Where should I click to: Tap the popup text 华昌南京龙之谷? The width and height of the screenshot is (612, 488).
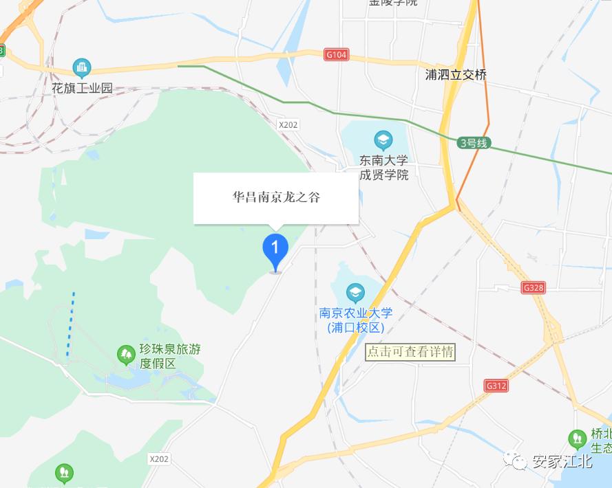276,197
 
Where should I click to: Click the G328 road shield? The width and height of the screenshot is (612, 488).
534,288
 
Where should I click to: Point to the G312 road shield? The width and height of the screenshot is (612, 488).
496,386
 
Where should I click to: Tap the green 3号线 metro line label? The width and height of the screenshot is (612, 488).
473,143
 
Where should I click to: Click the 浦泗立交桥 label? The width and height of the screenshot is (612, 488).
456,75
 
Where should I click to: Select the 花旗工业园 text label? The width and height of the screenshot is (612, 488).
82,89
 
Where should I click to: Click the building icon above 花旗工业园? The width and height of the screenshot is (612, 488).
82,67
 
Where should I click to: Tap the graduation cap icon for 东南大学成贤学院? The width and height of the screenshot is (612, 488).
383,142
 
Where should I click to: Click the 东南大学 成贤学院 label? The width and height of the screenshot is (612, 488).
384,168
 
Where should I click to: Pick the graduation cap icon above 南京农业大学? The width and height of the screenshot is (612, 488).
355,293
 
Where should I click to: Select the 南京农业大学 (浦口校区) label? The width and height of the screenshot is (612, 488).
355,320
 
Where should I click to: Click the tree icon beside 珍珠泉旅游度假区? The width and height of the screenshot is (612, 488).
126,355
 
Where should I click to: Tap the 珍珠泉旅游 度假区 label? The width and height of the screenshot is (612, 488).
170,356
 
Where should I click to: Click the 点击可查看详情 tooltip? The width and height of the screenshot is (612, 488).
410,352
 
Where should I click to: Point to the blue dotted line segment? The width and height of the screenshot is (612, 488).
70,324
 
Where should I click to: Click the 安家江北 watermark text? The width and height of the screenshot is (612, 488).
562,461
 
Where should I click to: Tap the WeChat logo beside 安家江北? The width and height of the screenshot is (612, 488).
516,461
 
